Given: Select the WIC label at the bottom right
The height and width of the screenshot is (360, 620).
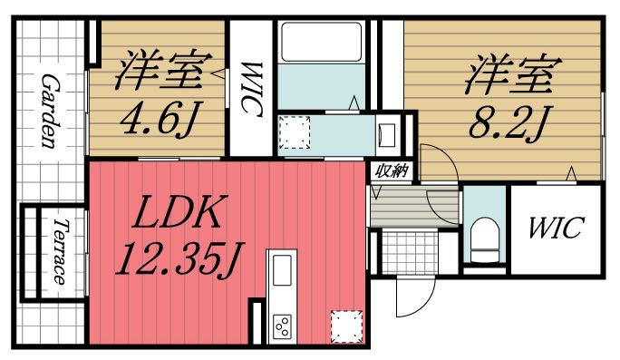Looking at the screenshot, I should [x=556, y=227].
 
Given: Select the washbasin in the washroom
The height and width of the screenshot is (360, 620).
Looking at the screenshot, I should [x=386, y=134].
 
